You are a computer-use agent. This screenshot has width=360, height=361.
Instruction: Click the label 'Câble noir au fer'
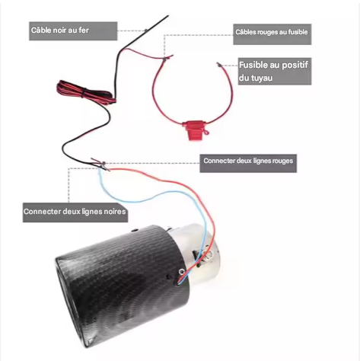60,30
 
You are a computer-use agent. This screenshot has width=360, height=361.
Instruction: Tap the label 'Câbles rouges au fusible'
272,32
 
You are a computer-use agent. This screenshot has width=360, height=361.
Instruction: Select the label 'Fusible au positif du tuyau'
273,72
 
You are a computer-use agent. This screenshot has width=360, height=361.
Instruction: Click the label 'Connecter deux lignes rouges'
248,161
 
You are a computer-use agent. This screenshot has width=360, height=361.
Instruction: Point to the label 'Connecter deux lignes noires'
75,212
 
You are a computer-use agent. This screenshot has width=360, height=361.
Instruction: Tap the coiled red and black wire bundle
86,93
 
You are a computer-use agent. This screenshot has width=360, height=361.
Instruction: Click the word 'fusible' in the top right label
298,32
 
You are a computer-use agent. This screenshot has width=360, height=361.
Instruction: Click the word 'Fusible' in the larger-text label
253,65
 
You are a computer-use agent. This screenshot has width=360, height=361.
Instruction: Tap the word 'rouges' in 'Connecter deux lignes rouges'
282,161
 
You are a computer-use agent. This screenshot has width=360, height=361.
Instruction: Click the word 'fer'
84,30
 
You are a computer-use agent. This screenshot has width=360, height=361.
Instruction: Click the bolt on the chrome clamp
208,254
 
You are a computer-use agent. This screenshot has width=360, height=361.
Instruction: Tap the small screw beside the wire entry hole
181,272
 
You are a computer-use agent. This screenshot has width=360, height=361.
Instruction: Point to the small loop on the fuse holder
206,132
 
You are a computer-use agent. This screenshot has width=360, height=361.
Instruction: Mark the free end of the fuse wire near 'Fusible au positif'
218,63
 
